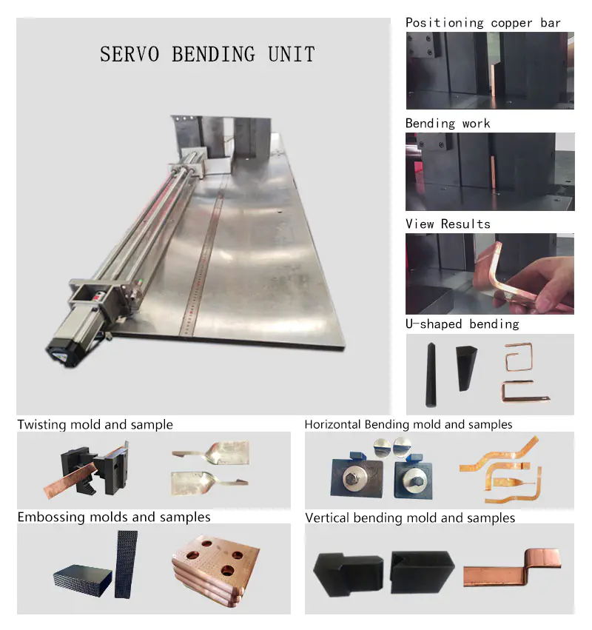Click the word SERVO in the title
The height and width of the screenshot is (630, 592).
coord(129,54)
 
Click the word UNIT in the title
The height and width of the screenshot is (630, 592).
coord(291,54)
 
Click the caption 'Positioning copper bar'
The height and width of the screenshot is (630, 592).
coord(482,23)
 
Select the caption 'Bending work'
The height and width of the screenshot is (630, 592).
coord(448,124)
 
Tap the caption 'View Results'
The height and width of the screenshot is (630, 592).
coord(448,224)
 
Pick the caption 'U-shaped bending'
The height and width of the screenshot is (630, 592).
coord(462,324)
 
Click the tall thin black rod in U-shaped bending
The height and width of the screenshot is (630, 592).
coord(431,375)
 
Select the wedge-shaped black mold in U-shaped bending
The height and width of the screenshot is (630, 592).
coord(465,367)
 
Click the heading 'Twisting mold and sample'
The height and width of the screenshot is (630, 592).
coord(95,425)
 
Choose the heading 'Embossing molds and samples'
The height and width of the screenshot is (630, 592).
coord(114,517)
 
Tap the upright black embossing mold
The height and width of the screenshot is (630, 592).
coord(126,564)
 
